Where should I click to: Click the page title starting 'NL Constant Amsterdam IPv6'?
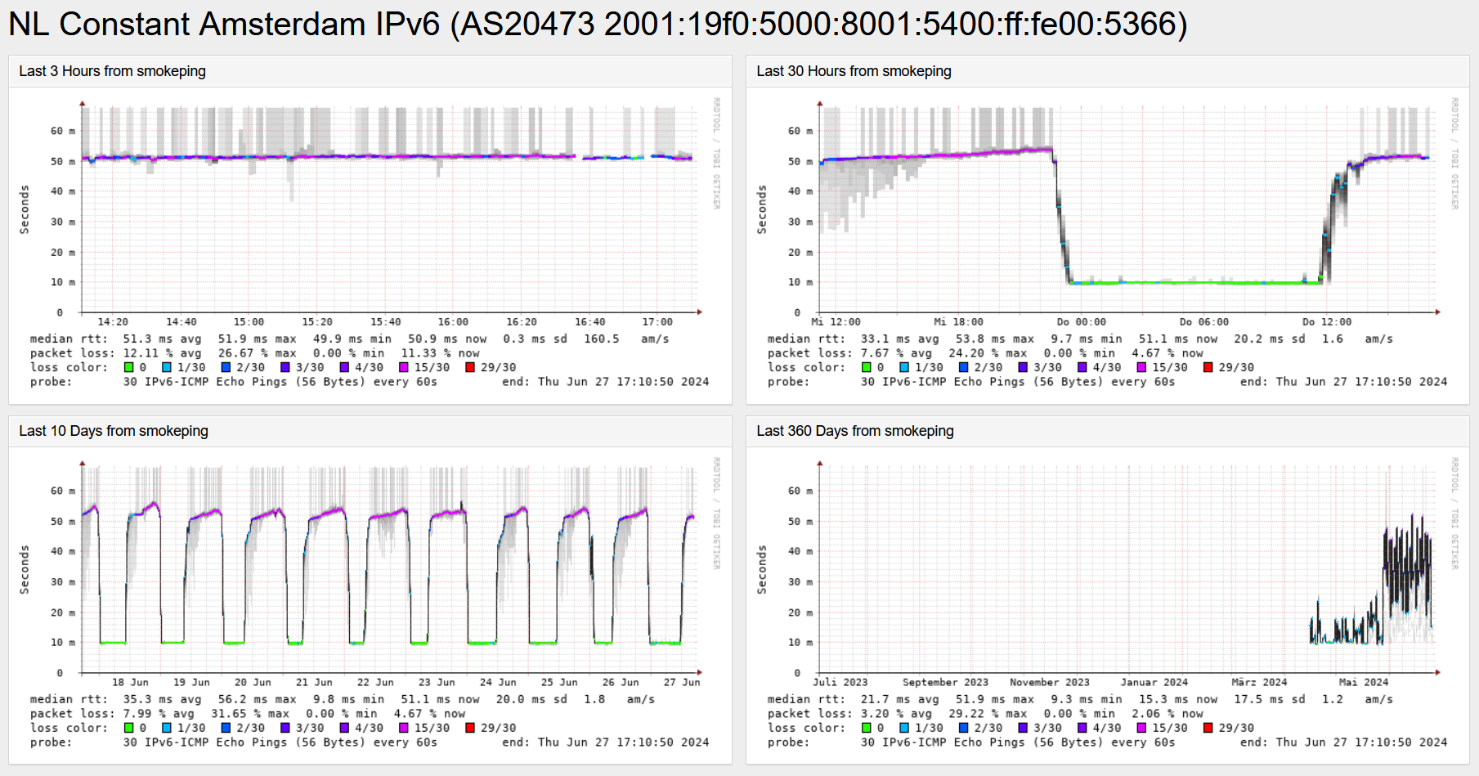click(x=597, y=25)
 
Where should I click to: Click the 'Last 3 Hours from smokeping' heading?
click(x=112, y=71)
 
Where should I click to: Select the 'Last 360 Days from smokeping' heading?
click(x=854, y=431)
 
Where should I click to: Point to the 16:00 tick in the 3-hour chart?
click(x=453, y=322)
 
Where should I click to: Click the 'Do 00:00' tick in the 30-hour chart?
click(x=1081, y=322)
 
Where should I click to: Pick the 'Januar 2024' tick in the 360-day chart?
click(x=1154, y=682)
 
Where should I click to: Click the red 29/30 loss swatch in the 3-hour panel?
click(x=470, y=367)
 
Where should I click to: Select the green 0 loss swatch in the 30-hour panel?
click(x=866, y=367)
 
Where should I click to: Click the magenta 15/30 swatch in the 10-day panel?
click(x=404, y=728)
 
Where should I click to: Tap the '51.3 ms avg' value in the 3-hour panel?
click(x=162, y=339)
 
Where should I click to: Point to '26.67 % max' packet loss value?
click(x=257, y=353)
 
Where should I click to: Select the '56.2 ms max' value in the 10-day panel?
click(x=257, y=699)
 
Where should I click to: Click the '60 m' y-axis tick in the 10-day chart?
click(x=62, y=491)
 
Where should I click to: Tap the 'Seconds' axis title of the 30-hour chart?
click(x=762, y=209)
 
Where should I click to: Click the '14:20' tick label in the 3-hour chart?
click(x=113, y=322)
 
